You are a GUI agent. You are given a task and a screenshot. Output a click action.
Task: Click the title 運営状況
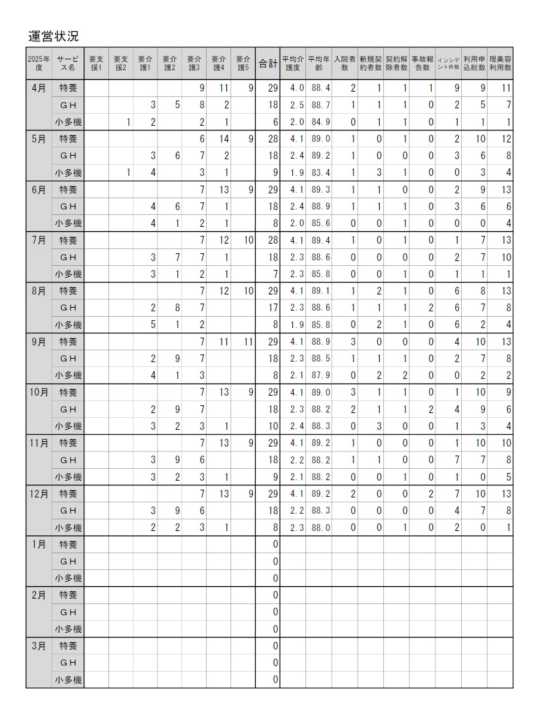(x=53, y=36)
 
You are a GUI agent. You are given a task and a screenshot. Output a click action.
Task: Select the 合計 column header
(x=267, y=63)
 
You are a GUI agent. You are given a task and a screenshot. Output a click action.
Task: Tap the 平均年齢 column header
(x=319, y=63)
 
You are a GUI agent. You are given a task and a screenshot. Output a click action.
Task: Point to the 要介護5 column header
(x=243, y=63)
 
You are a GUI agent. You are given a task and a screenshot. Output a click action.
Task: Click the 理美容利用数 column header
(x=500, y=63)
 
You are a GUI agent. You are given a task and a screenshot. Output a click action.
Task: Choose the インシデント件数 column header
(x=449, y=63)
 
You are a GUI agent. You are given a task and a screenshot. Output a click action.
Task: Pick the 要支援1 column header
(x=96, y=63)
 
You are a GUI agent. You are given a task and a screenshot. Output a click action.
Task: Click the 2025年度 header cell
(x=38, y=63)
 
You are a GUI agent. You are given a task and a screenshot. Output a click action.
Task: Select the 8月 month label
(x=38, y=291)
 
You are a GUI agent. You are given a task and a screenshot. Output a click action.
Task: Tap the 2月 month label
(x=38, y=596)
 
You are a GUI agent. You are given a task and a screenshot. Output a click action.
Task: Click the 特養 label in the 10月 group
(x=68, y=393)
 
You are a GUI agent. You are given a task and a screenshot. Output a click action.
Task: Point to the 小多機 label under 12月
(x=68, y=528)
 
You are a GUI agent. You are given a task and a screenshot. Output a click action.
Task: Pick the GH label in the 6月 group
(x=68, y=207)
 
